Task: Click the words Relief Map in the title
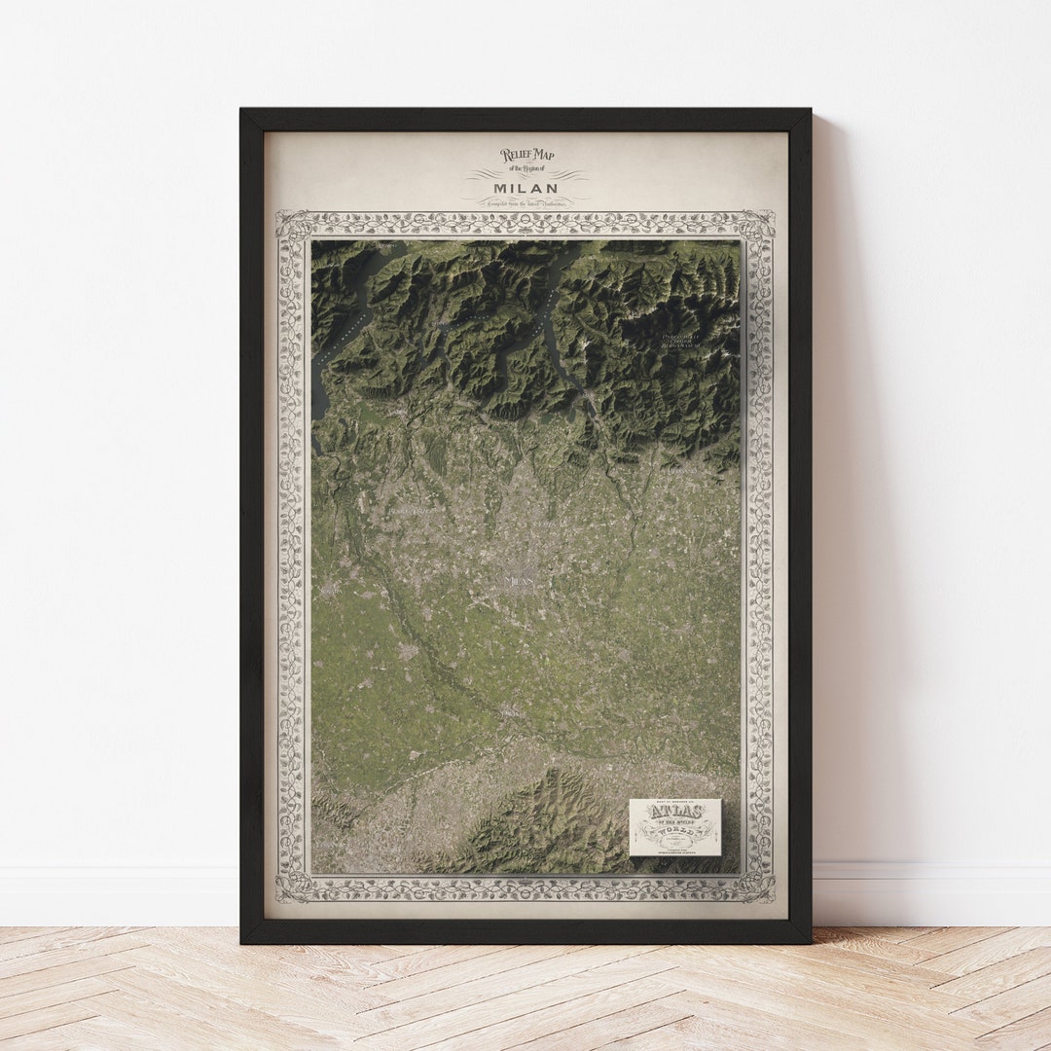526,155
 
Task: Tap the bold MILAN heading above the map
525,187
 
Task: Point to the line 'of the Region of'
526,170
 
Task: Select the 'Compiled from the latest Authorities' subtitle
525,200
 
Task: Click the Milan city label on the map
521,580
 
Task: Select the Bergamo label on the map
681,470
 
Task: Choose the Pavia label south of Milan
510,713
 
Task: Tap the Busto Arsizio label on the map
409,508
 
